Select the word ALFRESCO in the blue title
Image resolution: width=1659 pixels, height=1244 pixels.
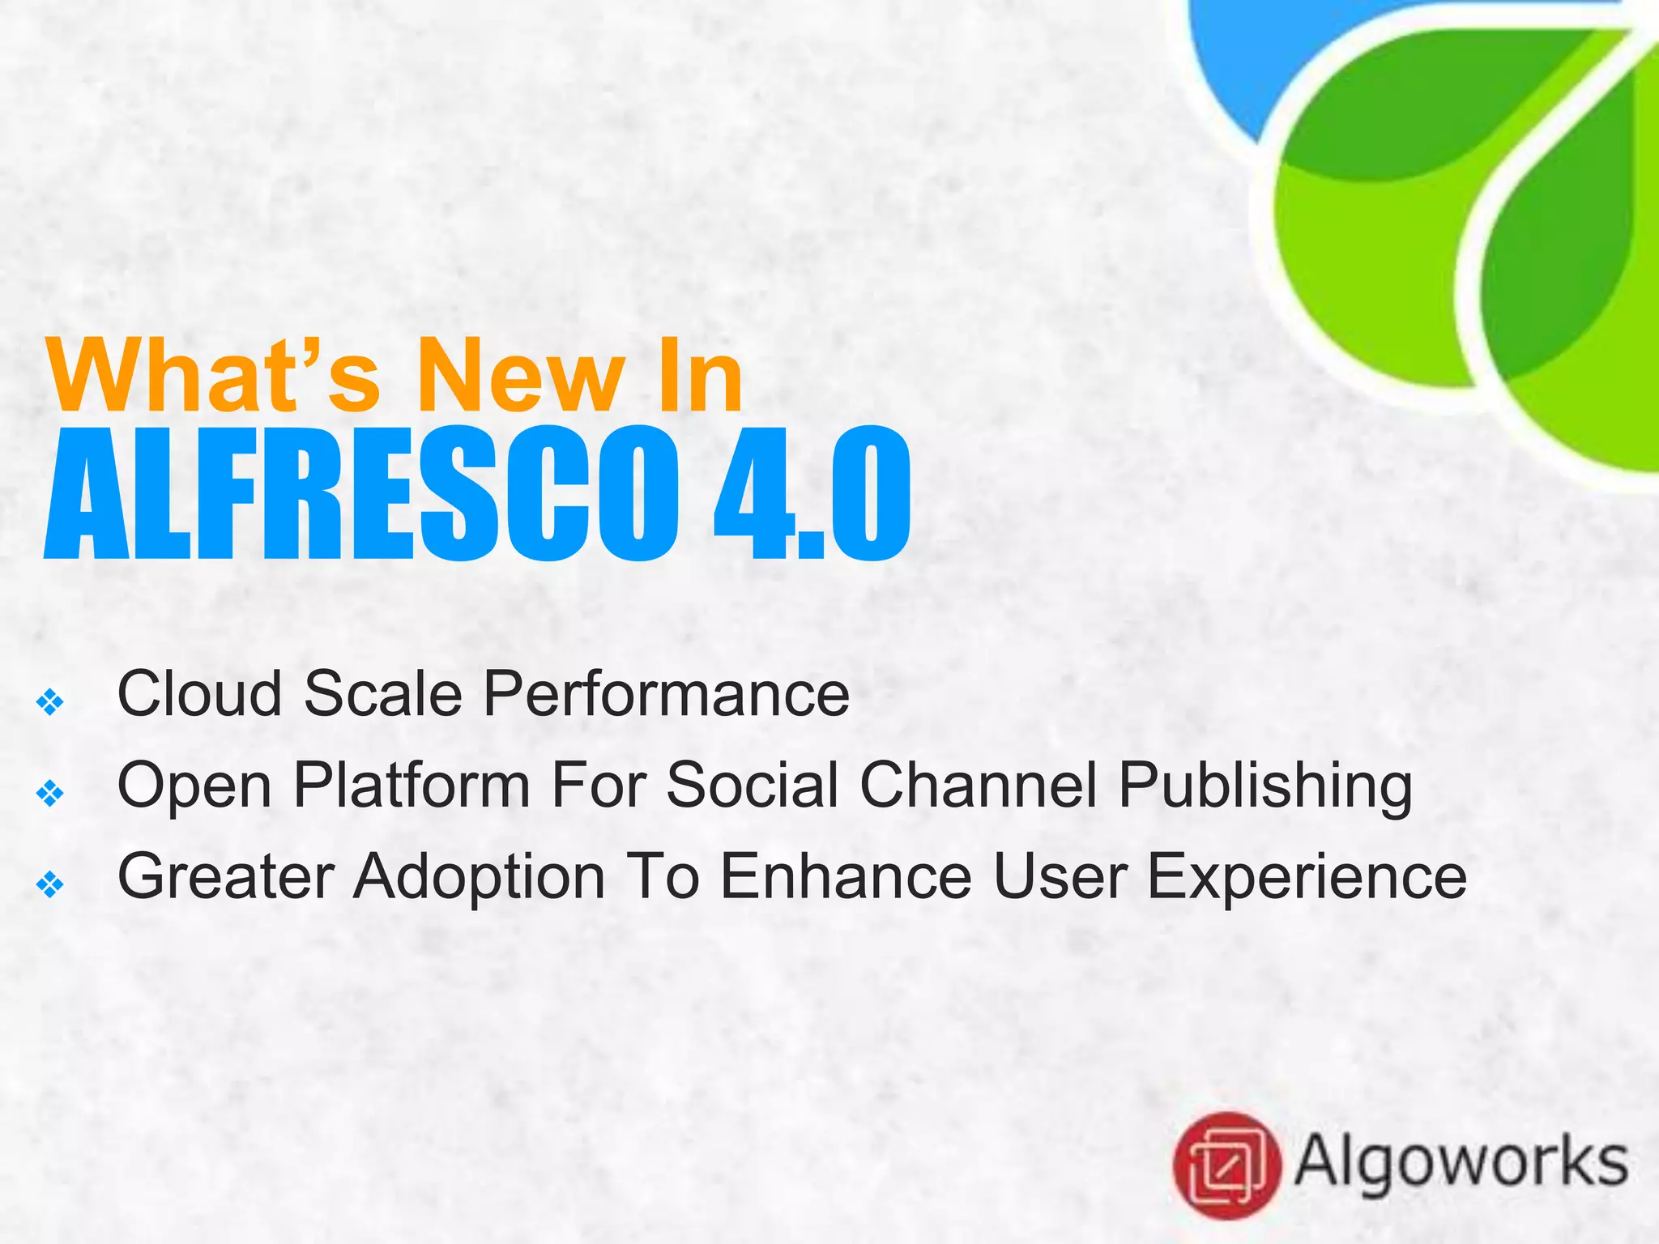(361, 495)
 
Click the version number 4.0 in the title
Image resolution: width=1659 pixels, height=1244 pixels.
(812, 495)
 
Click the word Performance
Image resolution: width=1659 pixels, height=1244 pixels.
(666, 694)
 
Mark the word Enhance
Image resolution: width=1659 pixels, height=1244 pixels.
(846, 876)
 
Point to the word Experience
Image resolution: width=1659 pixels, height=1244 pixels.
(1307, 878)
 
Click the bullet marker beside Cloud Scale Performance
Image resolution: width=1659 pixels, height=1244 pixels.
(50, 701)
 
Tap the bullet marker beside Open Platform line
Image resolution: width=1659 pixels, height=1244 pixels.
(50, 793)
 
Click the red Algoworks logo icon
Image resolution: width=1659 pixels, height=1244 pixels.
(1226, 1165)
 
